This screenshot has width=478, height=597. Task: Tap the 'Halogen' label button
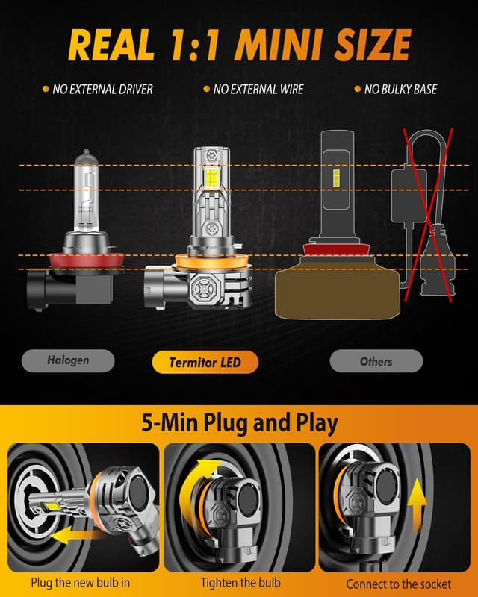(x=68, y=360)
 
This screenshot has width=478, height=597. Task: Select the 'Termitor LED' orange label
(x=205, y=363)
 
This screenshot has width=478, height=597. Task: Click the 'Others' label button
(x=376, y=361)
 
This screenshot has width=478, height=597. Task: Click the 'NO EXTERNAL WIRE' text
(x=258, y=90)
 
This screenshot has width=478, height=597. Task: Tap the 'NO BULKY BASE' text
(x=400, y=90)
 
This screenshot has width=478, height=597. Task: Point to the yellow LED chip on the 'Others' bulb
(x=336, y=178)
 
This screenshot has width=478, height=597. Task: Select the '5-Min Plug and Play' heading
(x=239, y=423)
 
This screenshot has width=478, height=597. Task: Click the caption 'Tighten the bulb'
(x=240, y=582)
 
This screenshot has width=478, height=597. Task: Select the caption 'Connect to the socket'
(x=398, y=584)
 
